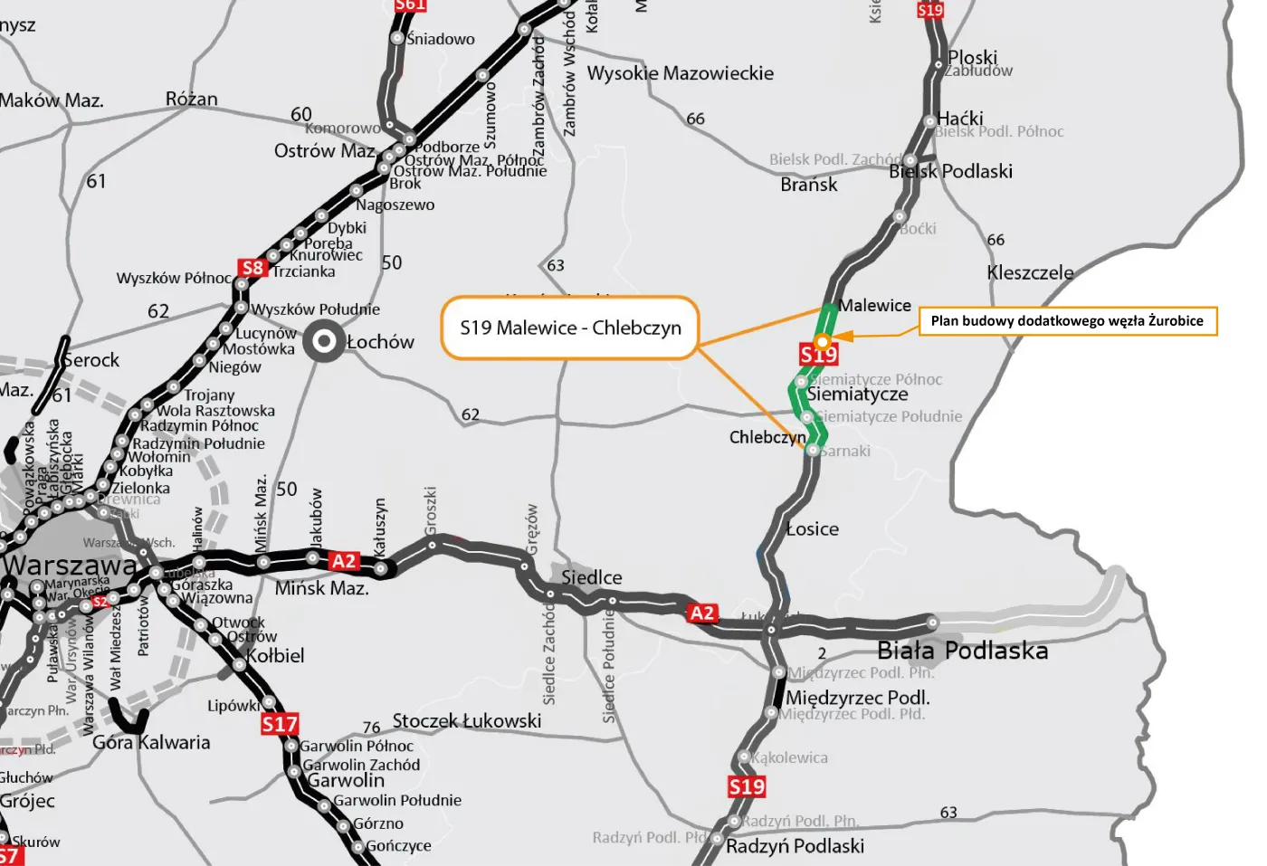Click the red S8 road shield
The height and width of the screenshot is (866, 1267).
pyautogui.click(x=252, y=268)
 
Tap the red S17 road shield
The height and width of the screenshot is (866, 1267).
pyautogui.click(x=280, y=724)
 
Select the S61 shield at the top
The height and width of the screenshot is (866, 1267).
pyautogui.click(x=410, y=5)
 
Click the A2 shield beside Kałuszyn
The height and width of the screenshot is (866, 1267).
pyautogui.click(x=344, y=561)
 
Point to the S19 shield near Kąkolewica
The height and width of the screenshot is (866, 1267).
pyautogui.click(x=747, y=786)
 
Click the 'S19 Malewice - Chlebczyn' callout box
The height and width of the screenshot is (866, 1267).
pyautogui.click(x=570, y=328)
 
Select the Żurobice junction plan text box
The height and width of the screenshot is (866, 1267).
pyautogui.click(x=1067, y=320)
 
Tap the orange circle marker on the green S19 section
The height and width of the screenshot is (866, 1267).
pyautogui.click(x=822, y=341)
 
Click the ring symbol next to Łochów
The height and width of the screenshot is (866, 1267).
pyautogui.click(x=321, y=342)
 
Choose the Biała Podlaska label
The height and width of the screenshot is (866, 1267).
pyautogui.click(x=962, y=651)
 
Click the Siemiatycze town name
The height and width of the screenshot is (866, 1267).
pyautogui.click(x=858, y=395)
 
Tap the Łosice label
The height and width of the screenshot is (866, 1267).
pyautogui.click(x=812, y=529)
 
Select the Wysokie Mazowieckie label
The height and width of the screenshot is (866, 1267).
pyautogui.click(x=681, y=73)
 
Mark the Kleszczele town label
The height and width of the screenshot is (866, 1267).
pyautogui.click(x=1030, y=272)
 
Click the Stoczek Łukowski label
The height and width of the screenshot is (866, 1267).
pyautogui.click(x=466, y=720)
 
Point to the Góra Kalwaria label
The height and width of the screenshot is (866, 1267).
pyautogui.click(x=151, y=743)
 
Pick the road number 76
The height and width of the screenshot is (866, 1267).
pyautogui.click(x=371, y=728)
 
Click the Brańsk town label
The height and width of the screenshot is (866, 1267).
pyautogui.click(x=808, y=185)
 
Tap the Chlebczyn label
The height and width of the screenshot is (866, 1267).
pyautogui.click(x=767, y=437)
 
